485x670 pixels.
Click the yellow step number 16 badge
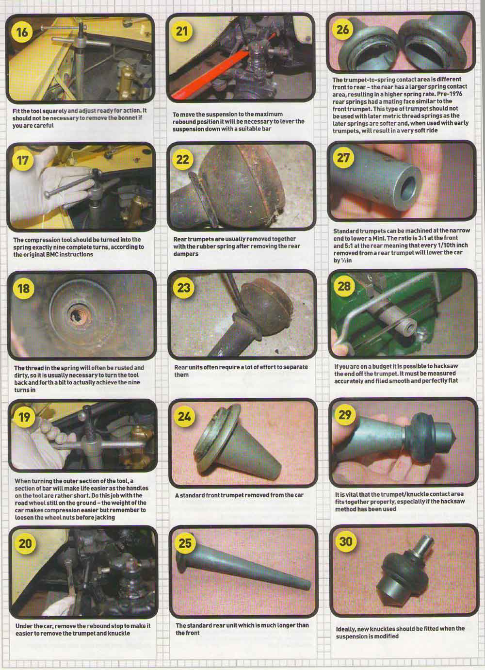coord(22,32)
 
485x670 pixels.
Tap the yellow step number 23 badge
coord(184,288)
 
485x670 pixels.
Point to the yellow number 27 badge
coord(343,158)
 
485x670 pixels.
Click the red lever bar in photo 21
coord(221,68)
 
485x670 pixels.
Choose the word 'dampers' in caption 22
coord(186,254)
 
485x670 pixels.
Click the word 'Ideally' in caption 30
coord(346,629)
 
